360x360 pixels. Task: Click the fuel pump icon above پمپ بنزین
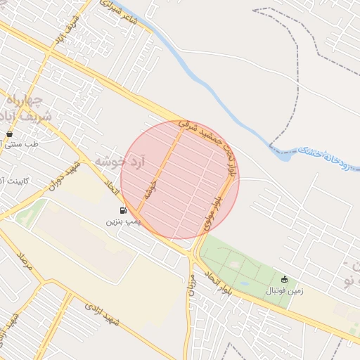pos(124,210)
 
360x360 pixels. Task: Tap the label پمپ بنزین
pos(124,221)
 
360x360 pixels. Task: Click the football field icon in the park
pos(284,279)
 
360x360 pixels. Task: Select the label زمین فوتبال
pos(285,290)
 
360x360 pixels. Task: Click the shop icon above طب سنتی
pos(9,133)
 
